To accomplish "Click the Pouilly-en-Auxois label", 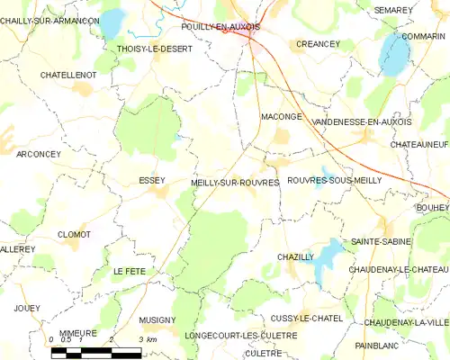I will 220,27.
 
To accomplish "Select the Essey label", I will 151,180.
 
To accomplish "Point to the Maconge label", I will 280,116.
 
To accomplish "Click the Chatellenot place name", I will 68,76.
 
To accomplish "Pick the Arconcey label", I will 39,154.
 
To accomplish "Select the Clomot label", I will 74,234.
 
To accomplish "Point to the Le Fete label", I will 129,271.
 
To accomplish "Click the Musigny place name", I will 157,319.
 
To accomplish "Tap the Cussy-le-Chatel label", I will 306,319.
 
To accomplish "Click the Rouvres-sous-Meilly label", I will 334,180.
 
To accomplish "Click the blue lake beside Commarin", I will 393,56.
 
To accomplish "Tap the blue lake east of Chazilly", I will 328,255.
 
